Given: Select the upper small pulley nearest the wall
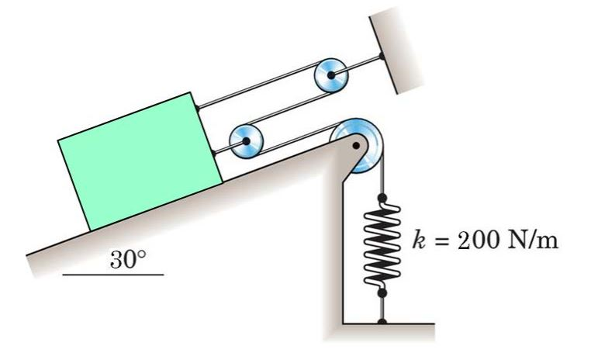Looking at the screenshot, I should [x=332, y=75].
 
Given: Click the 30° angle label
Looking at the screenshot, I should [x=127, y=260].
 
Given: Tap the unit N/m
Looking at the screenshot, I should [x=531, y=238].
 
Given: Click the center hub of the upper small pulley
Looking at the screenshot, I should [x=332, y=75].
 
